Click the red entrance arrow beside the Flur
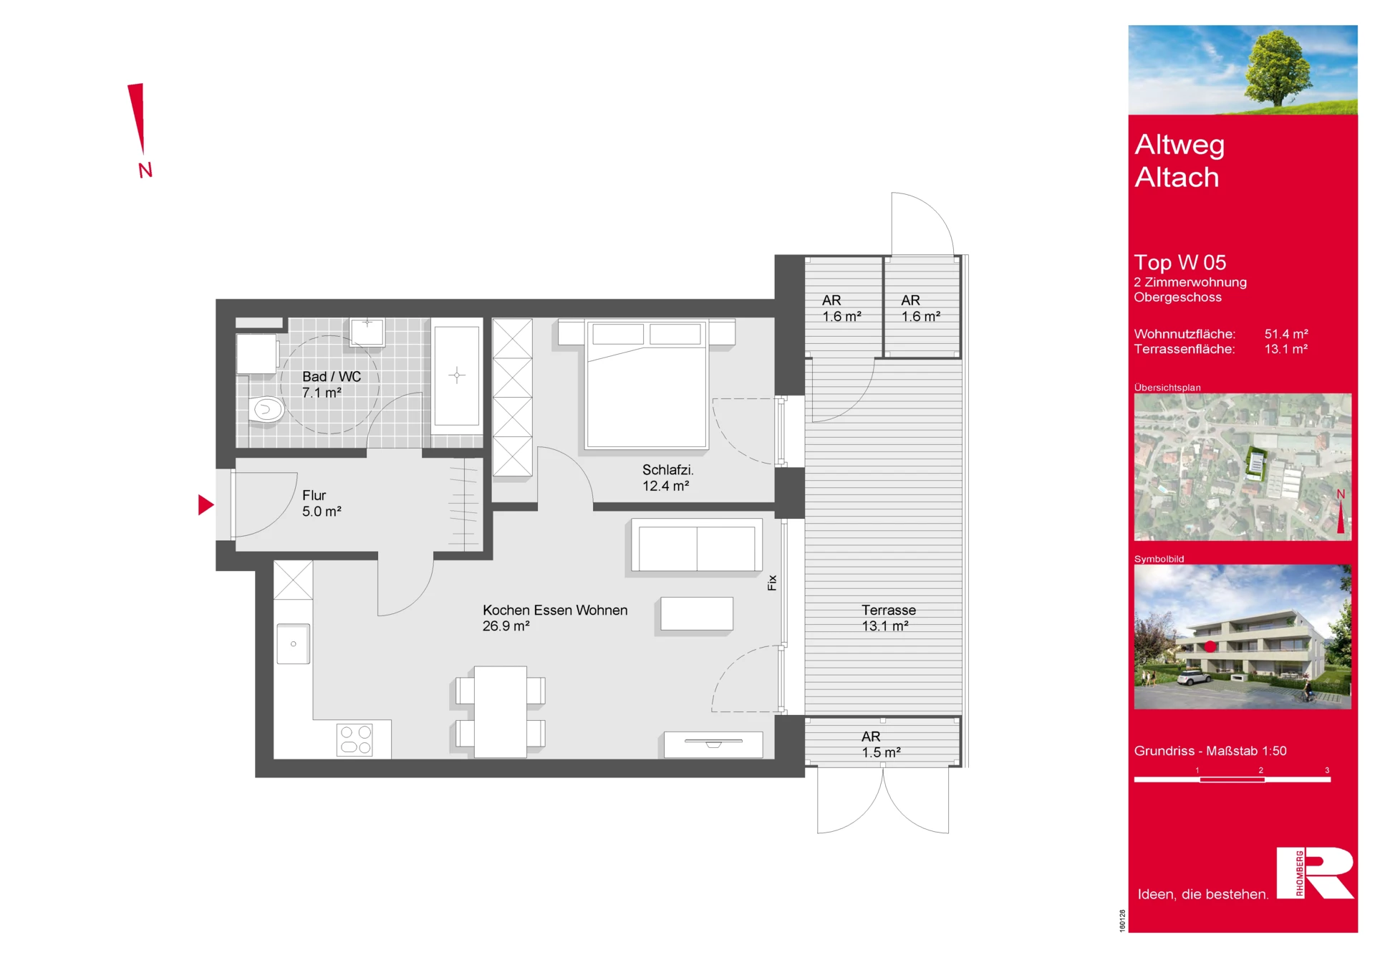[x=205, y=505]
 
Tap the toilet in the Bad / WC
[x=266, y=411]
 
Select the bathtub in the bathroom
[x=457, y=375]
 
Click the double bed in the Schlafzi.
[x=647, y=385]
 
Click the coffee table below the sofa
[x=697, y=613]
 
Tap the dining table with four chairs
[x=501, y=711]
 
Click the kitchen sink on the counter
[x=294, y=643]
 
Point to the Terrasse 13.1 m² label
[x=888, y=618]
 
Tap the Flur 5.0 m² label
[x=322, y=503]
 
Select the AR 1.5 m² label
[x=881, y=744]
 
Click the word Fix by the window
[x=772, y=583]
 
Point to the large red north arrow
[x=137, y=118]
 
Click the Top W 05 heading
[x=1180, y=262]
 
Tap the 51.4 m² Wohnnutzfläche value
[x=1286, y=334]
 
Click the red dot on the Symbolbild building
[x=1210, y=646]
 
